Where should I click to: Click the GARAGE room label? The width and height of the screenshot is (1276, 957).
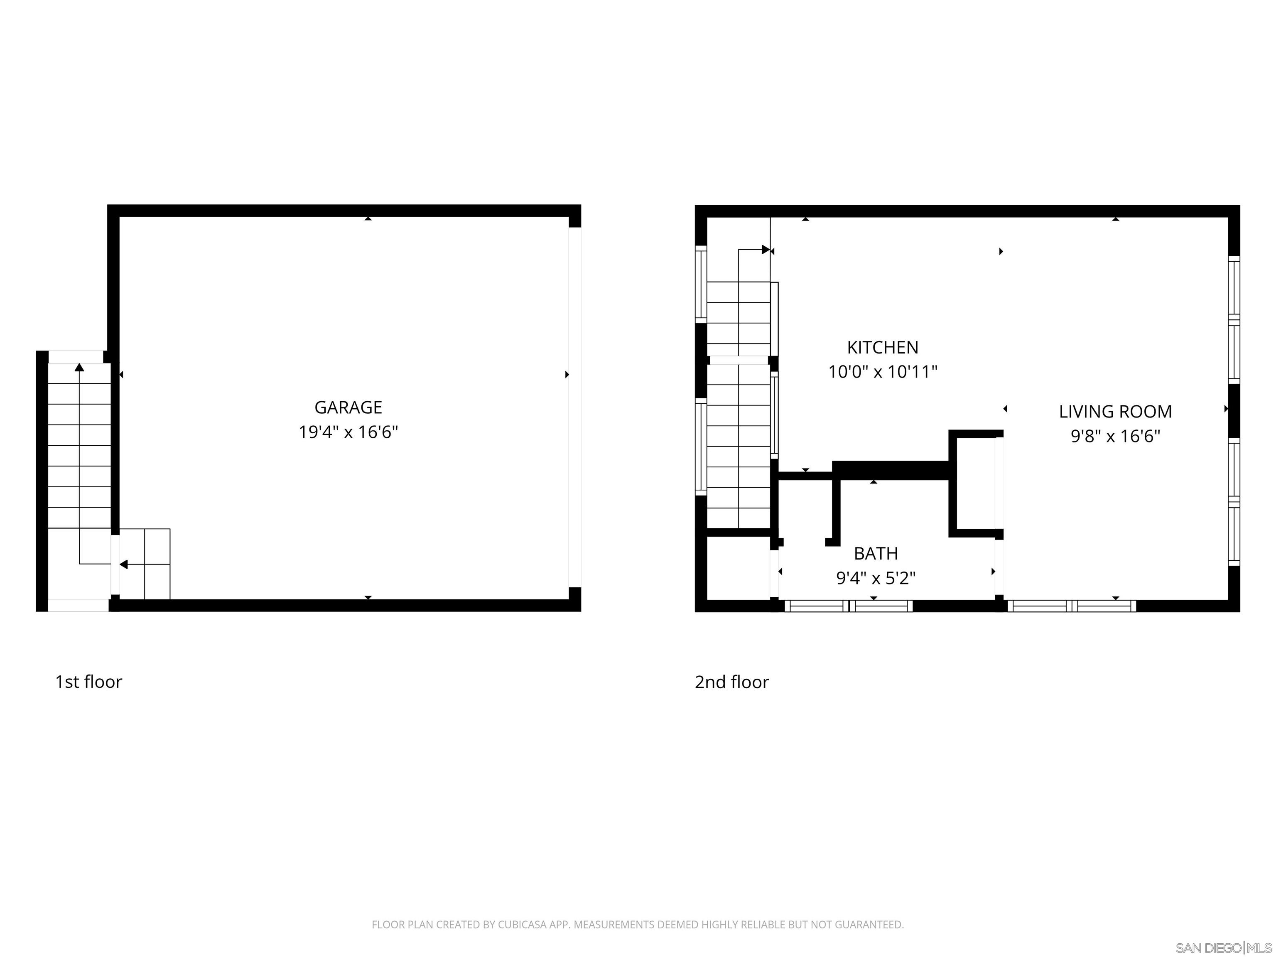click(348, 407)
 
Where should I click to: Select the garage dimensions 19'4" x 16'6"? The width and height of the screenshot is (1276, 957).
click(348, 432)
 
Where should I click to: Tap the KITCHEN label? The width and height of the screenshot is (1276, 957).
click(882, 347)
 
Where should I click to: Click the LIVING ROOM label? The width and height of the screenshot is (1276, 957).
click(1114, 411)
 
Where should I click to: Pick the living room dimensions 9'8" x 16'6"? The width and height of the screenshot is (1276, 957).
click(1114, 436)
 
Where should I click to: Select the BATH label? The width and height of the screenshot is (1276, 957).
click(875, 553)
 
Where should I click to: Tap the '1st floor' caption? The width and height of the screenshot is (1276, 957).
click(88, 682)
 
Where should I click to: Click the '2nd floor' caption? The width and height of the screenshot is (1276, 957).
click(731, 682)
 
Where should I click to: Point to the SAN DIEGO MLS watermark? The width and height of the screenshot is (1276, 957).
click(1223, 948)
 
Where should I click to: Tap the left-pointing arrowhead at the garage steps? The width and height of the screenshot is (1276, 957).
click(123, 564)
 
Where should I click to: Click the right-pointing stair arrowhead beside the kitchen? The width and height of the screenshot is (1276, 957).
click(766, 250)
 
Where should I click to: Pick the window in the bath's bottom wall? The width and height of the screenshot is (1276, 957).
click(848, 606)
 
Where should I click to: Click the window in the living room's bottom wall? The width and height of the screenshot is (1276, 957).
click(1071, 606)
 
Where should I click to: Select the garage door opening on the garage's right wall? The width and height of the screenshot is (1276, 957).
click(574, 407)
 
